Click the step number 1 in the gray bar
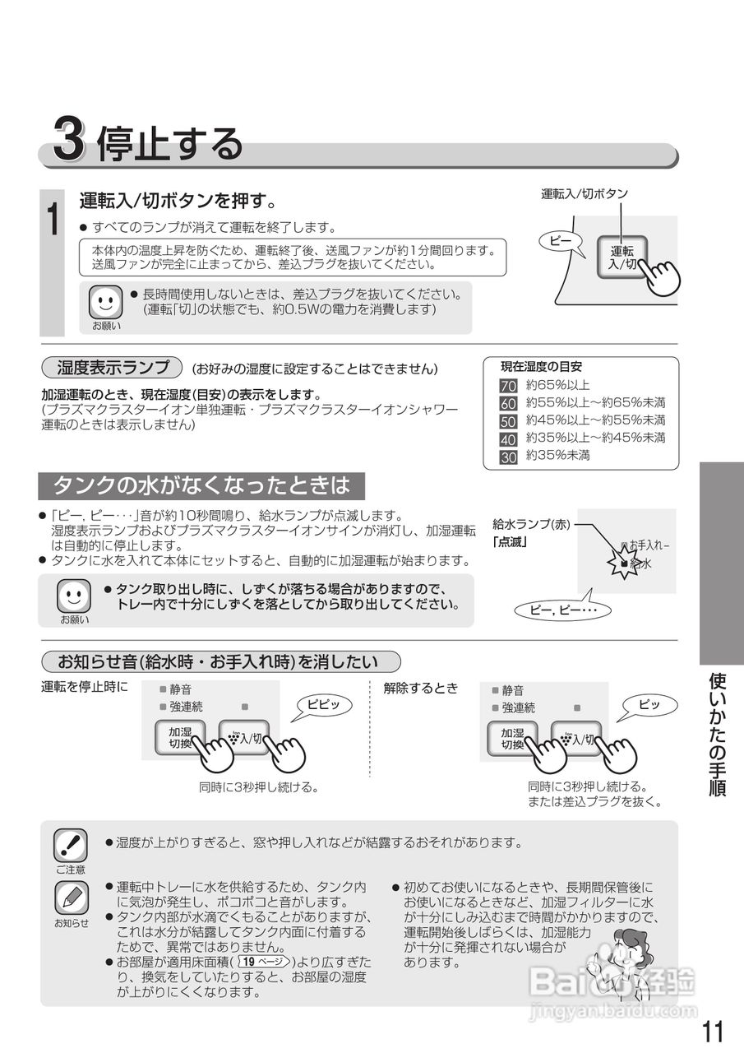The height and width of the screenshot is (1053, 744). (52, 220)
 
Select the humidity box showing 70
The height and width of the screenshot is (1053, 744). (508, 386)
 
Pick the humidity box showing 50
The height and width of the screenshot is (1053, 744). (508, 421)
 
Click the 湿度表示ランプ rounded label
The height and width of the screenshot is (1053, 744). (111, 367)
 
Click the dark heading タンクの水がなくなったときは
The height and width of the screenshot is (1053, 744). (201, 486)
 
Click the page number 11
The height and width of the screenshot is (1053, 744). (714, 1031)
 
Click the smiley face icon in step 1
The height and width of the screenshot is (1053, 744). (105, 302)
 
